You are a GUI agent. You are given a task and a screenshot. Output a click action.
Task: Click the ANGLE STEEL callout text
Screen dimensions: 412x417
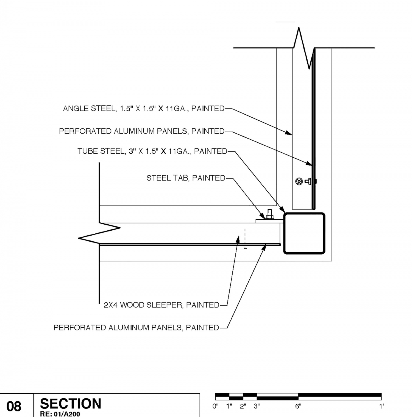pos(144,109)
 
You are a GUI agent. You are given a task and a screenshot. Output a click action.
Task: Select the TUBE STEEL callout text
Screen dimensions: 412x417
pos(152,151)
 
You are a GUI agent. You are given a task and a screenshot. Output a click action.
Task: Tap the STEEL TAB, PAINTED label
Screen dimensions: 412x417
pos(186,178)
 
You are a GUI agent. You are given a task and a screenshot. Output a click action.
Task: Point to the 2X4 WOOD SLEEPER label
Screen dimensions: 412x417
pos(162,305)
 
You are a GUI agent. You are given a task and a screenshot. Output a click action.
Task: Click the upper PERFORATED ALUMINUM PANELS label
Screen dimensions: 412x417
pos(142,131)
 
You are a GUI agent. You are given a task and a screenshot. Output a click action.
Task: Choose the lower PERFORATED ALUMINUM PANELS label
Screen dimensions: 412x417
pos(136,328)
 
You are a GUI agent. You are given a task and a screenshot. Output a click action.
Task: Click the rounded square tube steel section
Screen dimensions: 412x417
pos(304,233)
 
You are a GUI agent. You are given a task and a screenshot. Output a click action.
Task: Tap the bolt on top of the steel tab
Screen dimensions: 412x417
pos(269,214)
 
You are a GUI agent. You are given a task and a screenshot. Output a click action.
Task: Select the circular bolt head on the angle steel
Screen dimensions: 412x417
pos(299,181)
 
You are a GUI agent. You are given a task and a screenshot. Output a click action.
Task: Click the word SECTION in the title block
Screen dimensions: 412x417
pos(71,404)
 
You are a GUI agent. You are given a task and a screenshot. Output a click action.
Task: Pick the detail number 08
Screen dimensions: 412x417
pos(14,407)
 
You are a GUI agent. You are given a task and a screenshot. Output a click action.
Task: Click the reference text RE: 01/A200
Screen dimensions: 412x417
pos(60,414)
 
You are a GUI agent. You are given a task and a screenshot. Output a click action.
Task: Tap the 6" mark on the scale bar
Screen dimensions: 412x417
pos(298,406)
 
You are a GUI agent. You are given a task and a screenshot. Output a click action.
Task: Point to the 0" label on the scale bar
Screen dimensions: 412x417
pos(215,406)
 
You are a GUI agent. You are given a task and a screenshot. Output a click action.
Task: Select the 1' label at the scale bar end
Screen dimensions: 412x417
pos(381,406)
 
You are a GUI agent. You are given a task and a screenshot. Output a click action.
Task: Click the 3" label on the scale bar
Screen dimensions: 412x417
pos(257,406)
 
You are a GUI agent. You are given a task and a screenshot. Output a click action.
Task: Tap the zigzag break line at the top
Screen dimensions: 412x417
pos(304,48)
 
